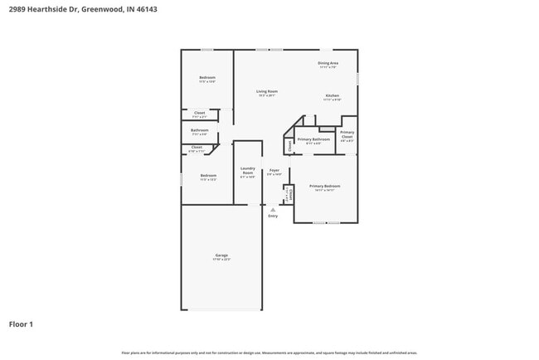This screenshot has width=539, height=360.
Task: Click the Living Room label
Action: [266, 91]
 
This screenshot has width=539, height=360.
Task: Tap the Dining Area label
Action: [328, 63]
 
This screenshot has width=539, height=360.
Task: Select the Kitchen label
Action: [332, 96]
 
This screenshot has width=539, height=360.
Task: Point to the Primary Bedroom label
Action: [324, 187]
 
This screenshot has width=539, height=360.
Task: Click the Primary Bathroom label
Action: [313, 139]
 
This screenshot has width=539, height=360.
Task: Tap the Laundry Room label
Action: [247, 170]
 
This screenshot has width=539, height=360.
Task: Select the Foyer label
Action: [274, 170]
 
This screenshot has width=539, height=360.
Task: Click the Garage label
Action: [221, 255]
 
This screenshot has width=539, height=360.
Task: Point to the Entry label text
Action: [273, 216]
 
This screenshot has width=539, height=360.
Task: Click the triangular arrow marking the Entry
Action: [273, 210]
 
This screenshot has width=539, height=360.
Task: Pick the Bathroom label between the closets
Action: [199, 129]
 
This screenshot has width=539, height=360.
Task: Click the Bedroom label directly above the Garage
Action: [208, 175]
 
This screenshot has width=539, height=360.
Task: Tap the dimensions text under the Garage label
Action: [221, 260]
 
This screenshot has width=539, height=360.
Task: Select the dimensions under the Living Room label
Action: [266, 96]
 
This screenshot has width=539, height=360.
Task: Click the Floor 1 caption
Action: [21, 324]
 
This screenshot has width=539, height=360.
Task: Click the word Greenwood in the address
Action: [101, 9]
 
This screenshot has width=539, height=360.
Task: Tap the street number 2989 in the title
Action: [17, 9]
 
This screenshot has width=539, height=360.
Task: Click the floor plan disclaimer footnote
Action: [269, 353]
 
